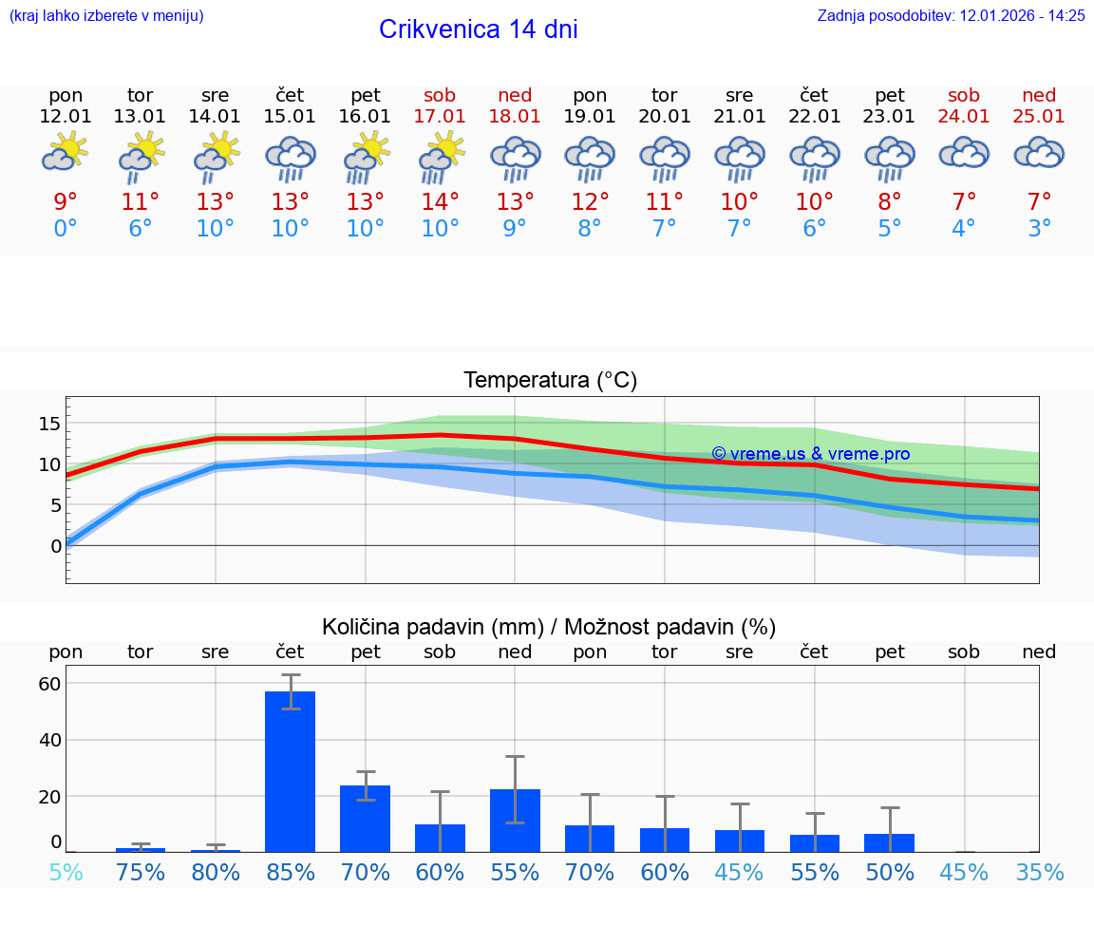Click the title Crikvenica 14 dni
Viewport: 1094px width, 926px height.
tap(478, 29)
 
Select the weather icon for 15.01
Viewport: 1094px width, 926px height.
tap(290, 158)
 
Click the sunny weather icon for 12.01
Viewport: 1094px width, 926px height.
tap(65, 152)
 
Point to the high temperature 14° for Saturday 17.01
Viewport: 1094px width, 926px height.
tap(440, 202)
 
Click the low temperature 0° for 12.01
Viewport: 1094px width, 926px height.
tap(66, 229)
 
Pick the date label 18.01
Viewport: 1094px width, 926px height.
tap(515, 117)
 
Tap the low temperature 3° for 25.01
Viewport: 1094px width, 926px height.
tap(1039, 229)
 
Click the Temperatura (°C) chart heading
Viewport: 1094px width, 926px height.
tap(550, 381)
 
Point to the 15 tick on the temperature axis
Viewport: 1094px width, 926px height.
tap(49, 423)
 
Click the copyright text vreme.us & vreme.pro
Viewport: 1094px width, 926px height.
tap(810, 454)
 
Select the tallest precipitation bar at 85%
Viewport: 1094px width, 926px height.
tap(290, 771)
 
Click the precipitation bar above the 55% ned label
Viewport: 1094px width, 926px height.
tap(515, 821)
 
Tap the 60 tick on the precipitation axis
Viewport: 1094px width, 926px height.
tap(49, 684)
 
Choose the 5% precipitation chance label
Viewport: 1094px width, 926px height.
tap(66, 872)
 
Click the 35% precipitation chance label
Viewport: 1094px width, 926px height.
tap(1039, 872)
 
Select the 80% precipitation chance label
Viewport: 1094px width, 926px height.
tap(216, 872)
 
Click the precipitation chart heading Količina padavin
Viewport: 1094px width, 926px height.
tap(549, 627)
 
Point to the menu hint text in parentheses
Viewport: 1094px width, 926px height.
tap(106, 15)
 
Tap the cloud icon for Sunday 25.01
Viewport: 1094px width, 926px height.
tap(1039, 153)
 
